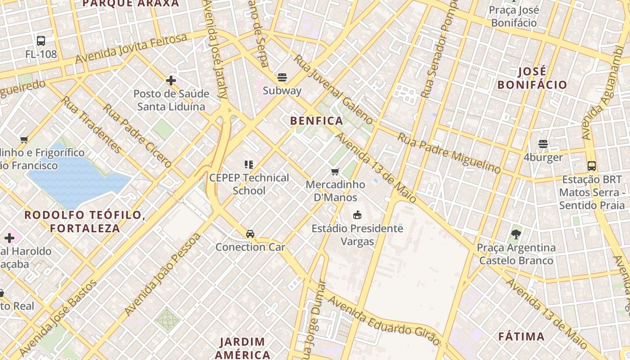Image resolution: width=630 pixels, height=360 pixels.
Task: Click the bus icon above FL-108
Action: point(41,41)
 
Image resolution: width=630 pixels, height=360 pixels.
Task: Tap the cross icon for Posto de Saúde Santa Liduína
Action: point(171,81)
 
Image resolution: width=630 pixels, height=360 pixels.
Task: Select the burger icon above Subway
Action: point(282,77)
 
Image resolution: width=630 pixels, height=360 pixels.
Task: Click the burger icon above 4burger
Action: point(543,144)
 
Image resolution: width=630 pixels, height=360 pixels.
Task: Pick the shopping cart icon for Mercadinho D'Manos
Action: point(335,171)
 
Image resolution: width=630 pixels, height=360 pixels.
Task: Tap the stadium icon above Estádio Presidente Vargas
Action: point(357,215)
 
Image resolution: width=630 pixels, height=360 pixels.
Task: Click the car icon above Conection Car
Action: point(250,234)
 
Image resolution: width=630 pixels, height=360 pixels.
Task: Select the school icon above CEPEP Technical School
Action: point(249,165)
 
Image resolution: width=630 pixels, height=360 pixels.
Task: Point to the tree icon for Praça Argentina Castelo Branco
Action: point(516,234)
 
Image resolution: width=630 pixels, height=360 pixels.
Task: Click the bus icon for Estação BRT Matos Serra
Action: point(592,166)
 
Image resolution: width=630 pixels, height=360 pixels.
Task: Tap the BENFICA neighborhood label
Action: point(317,121)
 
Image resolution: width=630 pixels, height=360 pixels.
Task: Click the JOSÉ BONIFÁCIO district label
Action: point(532,78)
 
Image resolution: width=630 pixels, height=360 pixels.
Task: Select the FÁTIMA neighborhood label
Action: point(522,336)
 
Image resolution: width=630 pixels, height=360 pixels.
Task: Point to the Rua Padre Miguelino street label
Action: point(449,153)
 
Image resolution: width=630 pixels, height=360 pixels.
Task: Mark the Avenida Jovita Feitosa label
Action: point(131,49)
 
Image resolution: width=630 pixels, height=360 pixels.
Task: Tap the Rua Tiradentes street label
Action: point(91,125)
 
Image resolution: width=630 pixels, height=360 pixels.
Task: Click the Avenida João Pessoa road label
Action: point(162,274)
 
